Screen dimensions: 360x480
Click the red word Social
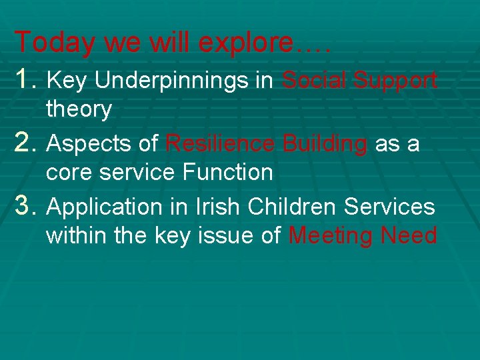(x=314, y=81)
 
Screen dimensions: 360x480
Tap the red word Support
(x=395, y=81)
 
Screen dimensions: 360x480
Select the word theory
(x=79, y=109)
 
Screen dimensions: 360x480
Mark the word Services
(x=389, y=207)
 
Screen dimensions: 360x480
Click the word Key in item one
(x=69, y=81)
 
